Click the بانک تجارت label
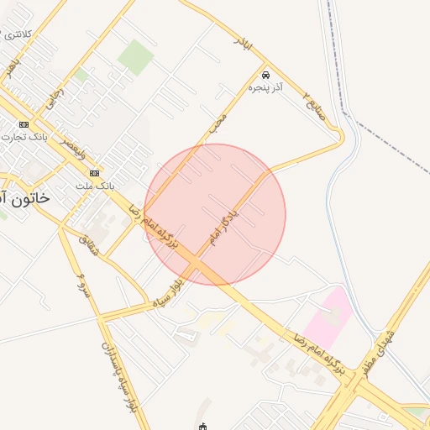[x=27, y=135]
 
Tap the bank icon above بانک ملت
[x=94, y=173]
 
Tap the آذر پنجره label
[x=265, y=87]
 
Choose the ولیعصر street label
[x=73, y=150]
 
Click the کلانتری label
[x=18, y=34]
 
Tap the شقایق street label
[x=89, y=245]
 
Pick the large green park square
[x=135, y=57]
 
